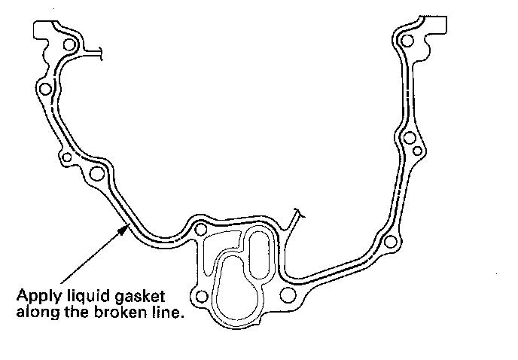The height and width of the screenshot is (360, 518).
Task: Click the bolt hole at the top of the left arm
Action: click(70, 46)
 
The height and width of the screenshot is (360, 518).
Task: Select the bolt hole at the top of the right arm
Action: click(407, 40)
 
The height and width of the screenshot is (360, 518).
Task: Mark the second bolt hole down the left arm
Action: click(45, 90)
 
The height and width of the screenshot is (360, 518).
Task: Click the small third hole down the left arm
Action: click(66, 158)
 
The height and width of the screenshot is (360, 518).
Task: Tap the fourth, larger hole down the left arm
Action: click(96, 175)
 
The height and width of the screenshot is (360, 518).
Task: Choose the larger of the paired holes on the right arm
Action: click(409, 139)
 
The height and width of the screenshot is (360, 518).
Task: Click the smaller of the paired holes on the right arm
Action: click(417, 151)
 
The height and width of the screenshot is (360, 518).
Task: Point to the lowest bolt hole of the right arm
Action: click(390, 242)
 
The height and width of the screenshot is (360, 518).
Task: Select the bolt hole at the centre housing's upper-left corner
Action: click(200, 229)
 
